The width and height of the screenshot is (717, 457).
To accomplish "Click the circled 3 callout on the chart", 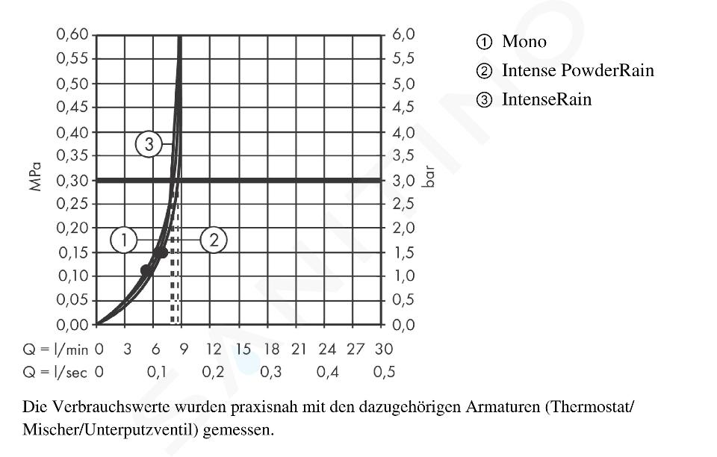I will point(149,145).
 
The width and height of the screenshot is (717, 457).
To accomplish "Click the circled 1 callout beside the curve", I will point(124,240).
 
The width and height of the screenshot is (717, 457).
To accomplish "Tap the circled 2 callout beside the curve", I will point(214,240).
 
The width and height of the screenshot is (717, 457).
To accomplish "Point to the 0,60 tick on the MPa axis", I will point(72,35).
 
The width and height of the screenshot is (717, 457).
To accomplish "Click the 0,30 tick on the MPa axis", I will point(72,180).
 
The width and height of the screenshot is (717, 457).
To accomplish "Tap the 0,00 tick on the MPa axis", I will point(72,325).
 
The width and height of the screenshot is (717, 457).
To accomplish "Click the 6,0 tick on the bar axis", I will point(404,35).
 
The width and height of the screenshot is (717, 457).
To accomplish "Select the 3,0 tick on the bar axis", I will point(404,180).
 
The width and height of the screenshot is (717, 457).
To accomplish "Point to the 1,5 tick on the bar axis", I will point(404,252).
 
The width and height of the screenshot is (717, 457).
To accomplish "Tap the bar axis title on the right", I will point(428,178).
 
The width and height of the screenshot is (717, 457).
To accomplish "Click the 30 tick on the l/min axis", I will point(384,349).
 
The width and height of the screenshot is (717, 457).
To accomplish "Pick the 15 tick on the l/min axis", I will point(243,349).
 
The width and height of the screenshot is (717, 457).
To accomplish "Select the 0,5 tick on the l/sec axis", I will point(384,372).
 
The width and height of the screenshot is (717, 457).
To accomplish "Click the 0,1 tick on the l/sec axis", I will point(156,372).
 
